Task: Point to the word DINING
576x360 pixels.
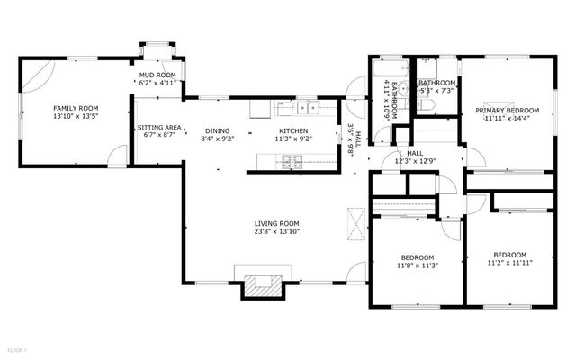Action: pos(217,130)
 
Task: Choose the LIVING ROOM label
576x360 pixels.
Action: pos(276,223)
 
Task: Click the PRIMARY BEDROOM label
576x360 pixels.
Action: pos(508,110)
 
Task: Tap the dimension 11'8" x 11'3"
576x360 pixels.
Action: pos(418,265)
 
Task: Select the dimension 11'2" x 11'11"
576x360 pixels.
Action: pos(509,264)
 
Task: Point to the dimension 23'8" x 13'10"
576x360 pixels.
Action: pos(276,232)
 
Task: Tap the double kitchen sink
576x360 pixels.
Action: pos(308,109)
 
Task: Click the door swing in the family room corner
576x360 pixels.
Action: pos(34,73)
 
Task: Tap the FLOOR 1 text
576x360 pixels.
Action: pos(18,349)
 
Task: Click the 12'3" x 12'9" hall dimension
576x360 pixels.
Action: pos(415,163)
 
